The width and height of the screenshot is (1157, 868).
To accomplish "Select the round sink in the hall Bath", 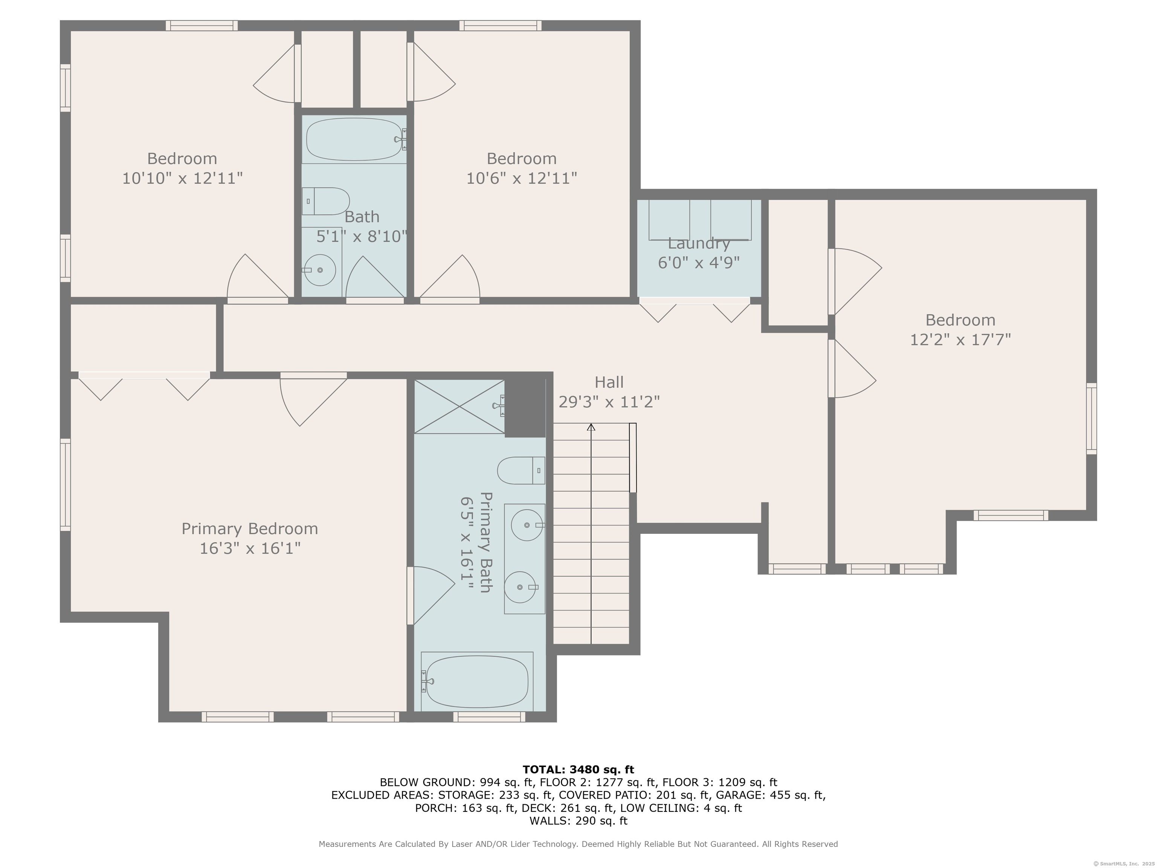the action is (320, 270).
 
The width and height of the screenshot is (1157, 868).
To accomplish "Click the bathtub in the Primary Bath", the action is (477, 682).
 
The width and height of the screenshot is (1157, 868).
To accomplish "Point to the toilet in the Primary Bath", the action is (521, 471).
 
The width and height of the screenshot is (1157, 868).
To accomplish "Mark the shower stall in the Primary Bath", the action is (459, 406).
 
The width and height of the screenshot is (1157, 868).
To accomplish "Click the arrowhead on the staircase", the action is (591, 427).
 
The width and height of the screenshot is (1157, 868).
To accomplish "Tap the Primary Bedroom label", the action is (249, 529).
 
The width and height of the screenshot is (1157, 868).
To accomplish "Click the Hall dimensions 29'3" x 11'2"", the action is (609, 402).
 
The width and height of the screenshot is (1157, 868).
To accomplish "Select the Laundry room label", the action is (699, 243).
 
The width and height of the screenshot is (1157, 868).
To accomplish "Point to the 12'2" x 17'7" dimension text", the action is (960, 339).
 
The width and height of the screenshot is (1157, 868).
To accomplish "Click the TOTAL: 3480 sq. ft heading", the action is (578, 769).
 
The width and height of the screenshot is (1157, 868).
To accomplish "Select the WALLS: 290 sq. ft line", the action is (578, 821).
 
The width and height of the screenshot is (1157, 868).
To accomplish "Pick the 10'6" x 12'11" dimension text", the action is (522, 179).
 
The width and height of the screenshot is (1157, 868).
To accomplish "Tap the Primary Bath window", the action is (489, 717).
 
